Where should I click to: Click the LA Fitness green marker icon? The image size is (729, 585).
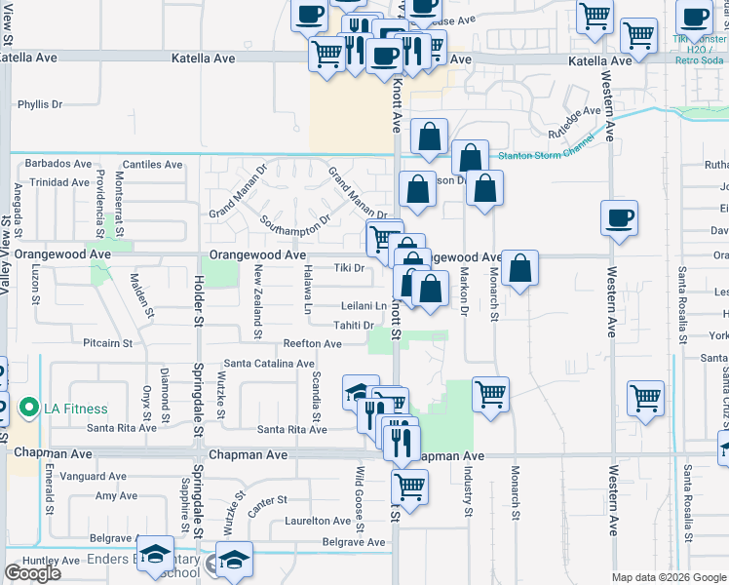[x=29, y=408]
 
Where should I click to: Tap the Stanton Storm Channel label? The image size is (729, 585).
[x=545, y=154]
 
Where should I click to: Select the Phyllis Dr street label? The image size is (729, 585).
[x=40, y=103]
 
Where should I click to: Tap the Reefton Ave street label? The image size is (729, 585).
[x=312, y=343]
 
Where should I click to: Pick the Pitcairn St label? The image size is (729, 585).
[x=107, y=343]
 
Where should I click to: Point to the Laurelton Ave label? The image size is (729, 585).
[x=317, y=522]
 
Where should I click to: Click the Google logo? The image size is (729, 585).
[x=33, y=573]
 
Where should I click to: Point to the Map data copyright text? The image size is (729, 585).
[x=669, y=577]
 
